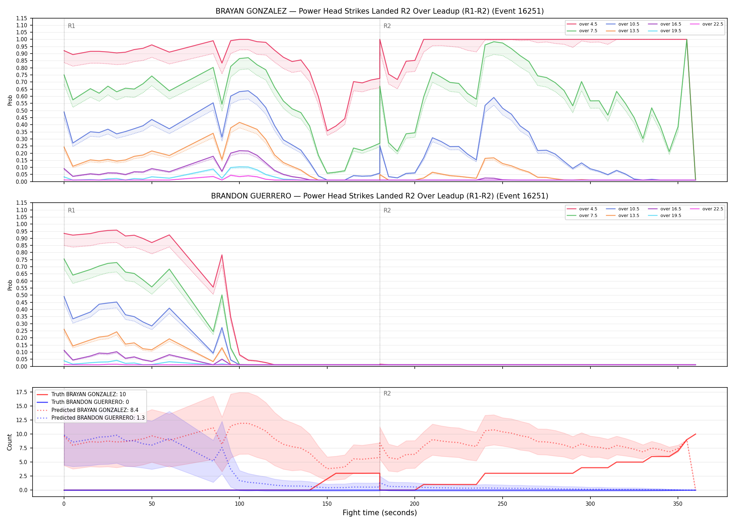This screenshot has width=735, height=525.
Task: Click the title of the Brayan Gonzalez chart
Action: [x=380, y=11]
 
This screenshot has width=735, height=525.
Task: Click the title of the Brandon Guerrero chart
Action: [x=380, y=196]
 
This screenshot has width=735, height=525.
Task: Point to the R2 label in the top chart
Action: [x=387, y=26]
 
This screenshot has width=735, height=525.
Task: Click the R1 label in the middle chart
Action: [x=71, y=210]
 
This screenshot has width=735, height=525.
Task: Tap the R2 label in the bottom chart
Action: [x=387, y=393]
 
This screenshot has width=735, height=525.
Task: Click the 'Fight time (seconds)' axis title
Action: [x=380, y=513]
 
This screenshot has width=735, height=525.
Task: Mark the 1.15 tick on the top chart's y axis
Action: [x=21, y=18]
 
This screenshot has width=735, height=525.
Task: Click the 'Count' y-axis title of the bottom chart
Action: [x=9, y=442]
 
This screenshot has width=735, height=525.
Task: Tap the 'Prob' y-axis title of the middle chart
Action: [x=10, y=285]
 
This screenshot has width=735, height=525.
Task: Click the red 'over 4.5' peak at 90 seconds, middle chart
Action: [x=222, y=255]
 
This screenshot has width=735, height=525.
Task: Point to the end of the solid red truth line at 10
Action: [x=695, y=434]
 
